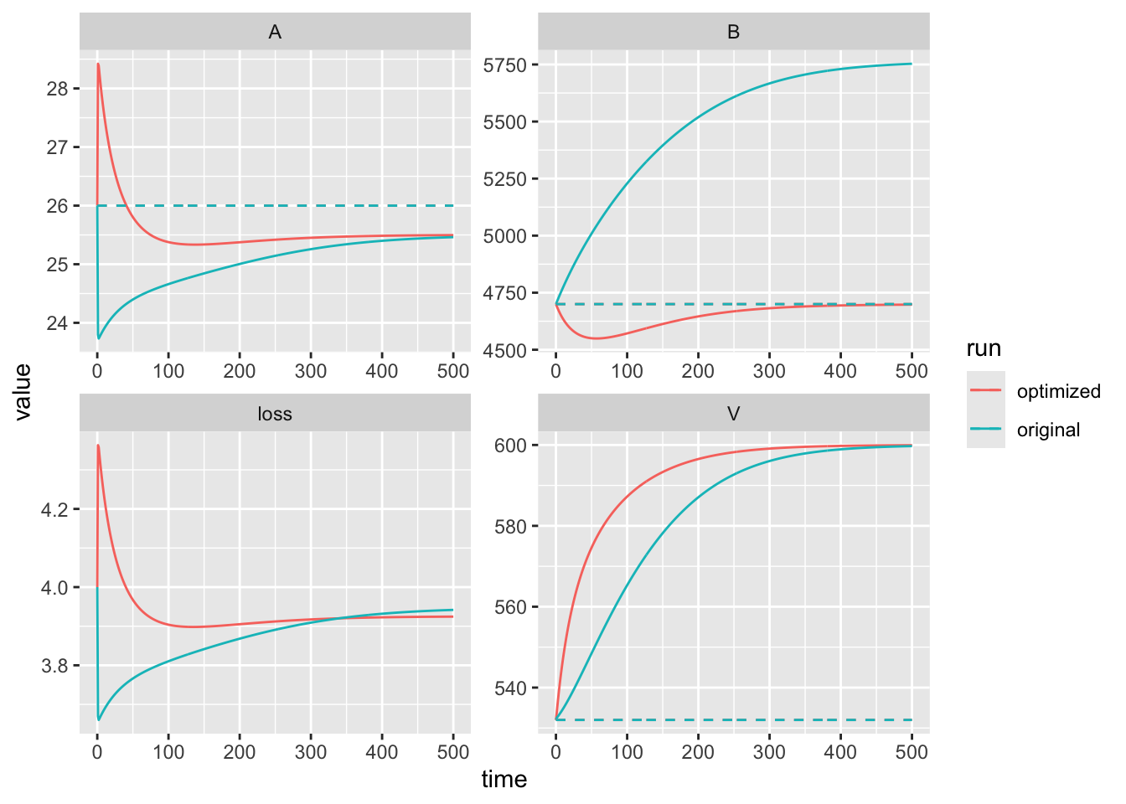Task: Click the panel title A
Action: tap(275, 33)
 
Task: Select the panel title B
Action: tap(733, 33)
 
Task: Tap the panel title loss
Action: tap(275, 415)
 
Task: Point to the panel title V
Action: tap(733, 415)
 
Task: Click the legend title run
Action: tap(984, 348)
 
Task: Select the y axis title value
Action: tap(23, 392)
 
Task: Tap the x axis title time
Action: tap(504, 780)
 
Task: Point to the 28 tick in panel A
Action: tap(58, 89)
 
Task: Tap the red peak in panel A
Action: tap(99, 64)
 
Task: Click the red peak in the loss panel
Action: tap(99, 446)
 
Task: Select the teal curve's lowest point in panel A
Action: tap(99, 338)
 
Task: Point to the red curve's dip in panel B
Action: tap(596, 338)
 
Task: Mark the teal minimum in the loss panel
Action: tap(99, 719)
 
